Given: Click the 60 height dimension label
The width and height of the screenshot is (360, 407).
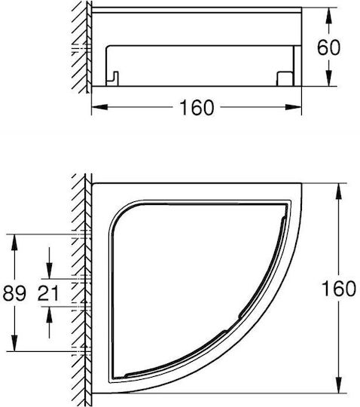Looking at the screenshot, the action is point(328,47).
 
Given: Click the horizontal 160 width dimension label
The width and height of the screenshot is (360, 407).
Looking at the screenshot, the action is point(197,108).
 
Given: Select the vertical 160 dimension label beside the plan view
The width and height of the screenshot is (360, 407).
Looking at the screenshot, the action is point(339,289).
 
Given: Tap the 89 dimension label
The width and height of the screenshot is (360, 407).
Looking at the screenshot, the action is point(14,293).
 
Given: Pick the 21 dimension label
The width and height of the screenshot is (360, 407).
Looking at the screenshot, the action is point(48,293).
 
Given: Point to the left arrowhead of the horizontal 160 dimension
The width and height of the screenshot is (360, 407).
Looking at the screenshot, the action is point(99,107).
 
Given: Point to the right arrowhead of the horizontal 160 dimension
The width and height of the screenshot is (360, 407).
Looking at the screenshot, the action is point(293,107).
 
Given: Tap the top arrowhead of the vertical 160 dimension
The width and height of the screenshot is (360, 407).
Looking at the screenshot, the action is point(339,191).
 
